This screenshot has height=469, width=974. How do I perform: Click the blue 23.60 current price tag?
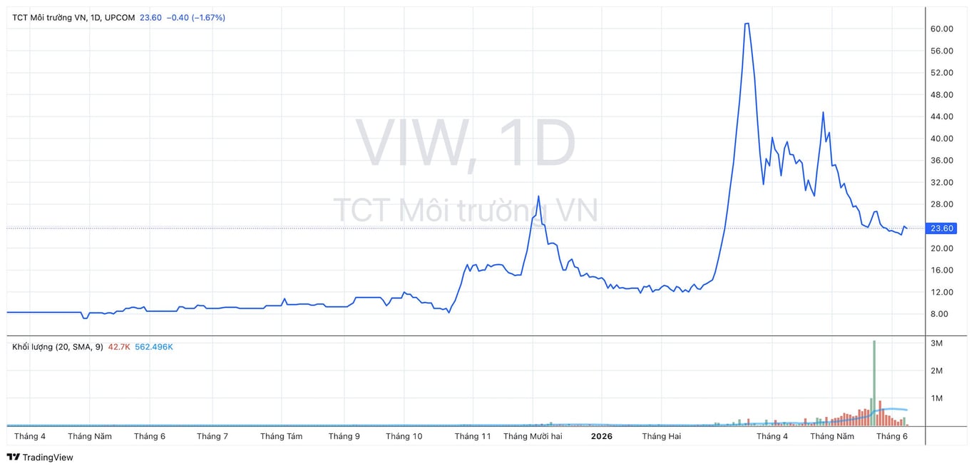point(941,228)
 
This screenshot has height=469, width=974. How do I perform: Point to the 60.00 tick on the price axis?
point(942,29)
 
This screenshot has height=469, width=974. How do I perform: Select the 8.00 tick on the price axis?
point(939,314)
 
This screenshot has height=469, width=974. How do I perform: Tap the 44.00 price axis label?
point(942,116)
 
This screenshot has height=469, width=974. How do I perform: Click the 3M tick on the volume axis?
point(937,343)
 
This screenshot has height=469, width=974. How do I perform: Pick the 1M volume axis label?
point(937,398)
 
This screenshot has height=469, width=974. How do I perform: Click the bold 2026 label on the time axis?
point(602,436)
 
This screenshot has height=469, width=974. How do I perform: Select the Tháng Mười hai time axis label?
point(533,436)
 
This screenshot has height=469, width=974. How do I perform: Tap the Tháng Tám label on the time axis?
point(282,436)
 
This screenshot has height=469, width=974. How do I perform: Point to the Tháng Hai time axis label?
point(662,436)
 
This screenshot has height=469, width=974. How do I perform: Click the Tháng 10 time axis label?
point(404,436)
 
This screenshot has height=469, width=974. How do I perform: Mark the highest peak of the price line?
point(747,24)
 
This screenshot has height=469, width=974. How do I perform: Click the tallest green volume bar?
point(874,383)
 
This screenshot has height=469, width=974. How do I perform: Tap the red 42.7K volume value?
point(119,347)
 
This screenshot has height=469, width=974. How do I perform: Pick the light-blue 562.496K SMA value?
point(154,347)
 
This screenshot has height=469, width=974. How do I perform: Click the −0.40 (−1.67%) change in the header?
point(196,17)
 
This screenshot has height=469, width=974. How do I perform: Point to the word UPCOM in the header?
point(120,17)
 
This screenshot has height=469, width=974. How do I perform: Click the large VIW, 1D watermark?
point(466,143)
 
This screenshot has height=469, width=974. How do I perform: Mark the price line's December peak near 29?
point(538,196)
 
